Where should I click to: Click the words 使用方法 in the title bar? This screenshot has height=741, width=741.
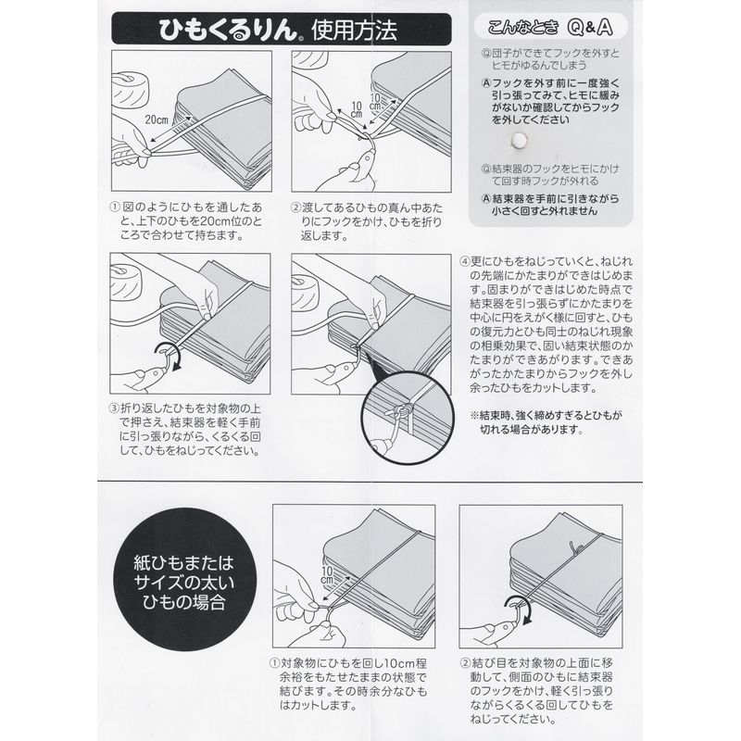354,31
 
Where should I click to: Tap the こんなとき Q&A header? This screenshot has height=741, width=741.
550,27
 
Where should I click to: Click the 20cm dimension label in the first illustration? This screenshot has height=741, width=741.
157,119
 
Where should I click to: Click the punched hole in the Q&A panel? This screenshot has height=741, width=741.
519,140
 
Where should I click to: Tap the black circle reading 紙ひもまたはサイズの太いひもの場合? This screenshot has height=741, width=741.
184,580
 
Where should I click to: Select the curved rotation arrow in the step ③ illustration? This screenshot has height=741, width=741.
169,357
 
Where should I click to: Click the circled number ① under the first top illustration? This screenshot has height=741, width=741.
115,207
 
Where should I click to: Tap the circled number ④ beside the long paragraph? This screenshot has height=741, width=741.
465,261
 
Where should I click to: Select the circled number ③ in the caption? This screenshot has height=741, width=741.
114,408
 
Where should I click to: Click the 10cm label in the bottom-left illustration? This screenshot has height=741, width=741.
328,574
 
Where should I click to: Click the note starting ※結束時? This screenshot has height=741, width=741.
546,422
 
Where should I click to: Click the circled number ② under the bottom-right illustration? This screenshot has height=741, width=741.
465,663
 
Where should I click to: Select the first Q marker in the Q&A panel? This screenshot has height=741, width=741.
486,53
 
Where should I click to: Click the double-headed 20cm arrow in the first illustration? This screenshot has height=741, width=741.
171,129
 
